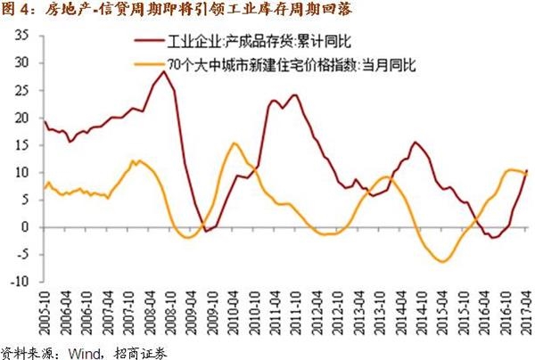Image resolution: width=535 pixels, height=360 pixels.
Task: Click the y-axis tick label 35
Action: (22, 35)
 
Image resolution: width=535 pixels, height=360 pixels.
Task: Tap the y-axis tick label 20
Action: (22, 118)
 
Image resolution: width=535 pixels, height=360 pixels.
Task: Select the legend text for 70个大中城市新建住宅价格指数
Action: (267, 65)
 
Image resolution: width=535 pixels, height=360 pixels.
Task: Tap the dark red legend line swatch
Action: (148, 42)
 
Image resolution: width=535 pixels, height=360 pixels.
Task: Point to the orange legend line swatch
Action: (148, 65)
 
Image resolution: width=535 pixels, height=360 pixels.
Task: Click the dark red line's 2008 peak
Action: (161, 71)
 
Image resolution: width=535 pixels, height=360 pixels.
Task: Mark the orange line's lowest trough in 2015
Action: (440, 261)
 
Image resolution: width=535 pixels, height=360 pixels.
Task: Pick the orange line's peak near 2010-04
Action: (234, 143)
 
